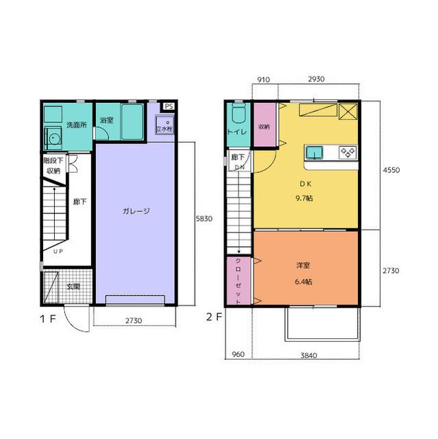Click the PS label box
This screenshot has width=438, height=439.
tap(169, 106)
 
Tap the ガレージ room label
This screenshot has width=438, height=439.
tap(136, 211)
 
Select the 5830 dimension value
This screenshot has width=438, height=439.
tap(204, 218)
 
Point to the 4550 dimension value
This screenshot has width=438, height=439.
tap(391, 170)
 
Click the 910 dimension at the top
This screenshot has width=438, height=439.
tap(263, 80)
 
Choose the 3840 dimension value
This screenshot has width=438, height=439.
tap(308, 355)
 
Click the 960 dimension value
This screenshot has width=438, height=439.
tap(239, 354)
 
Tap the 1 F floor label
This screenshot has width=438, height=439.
tap(48, 318)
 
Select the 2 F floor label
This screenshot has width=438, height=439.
tap(214, 317)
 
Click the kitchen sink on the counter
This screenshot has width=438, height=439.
tap(314, 152)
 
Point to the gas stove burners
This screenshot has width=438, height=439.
tap(348, 152)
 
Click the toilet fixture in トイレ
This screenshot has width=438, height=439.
tap(239, 113)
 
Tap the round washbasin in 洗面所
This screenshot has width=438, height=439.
tap(53, 138)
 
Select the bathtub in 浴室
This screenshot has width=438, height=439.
tap(132, 121)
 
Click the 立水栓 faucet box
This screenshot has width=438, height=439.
tap(165, 125)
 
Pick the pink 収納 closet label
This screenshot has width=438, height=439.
tap(264, 126)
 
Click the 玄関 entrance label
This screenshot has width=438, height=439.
tap(73, 287)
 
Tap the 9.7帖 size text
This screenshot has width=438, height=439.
tap(304, 198)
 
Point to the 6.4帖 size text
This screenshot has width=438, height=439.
tap(304, 281)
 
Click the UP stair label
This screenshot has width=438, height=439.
tap(58, 252)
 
